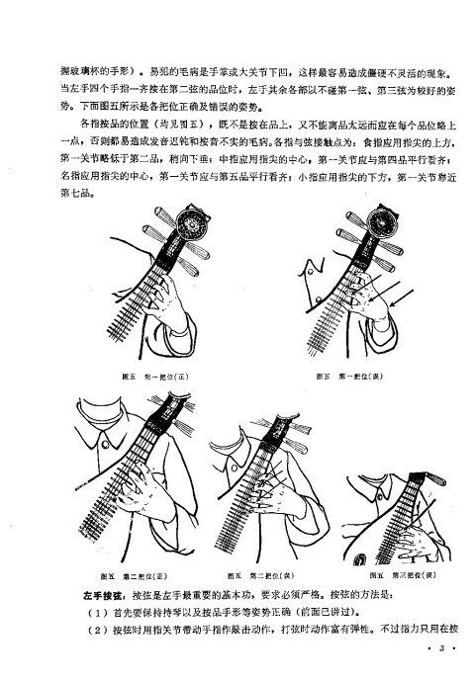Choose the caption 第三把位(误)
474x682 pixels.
[x=400, y=574]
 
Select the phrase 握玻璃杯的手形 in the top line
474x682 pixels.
[x=102, y=74]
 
